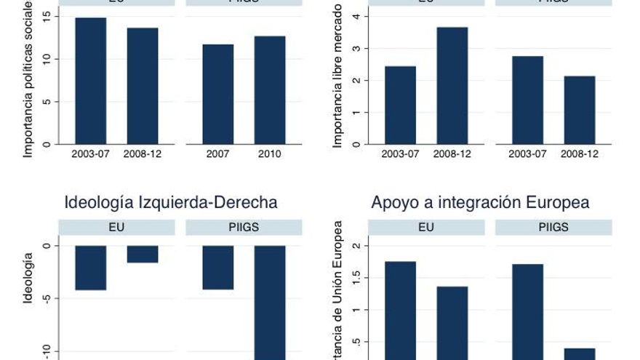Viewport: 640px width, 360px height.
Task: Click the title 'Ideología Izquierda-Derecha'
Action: tap(171, 202)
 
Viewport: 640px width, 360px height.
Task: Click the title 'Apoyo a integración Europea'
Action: tap(480, 202)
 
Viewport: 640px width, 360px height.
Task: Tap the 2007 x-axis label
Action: tap(218, 153)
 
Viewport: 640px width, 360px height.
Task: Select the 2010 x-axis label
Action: tap(269, 153)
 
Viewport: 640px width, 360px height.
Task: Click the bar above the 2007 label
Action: tap(218, 94)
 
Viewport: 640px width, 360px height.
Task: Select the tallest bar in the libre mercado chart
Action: tap(452, 85)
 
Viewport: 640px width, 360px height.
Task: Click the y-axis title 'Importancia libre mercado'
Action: tap(337, 76)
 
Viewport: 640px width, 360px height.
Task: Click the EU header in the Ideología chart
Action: tap(116, 228)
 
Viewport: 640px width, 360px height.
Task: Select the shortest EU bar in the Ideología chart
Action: tap(143, 254)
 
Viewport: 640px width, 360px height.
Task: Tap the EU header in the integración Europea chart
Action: tap(426, 228)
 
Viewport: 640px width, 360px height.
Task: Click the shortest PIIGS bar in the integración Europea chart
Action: tap(580, 353)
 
